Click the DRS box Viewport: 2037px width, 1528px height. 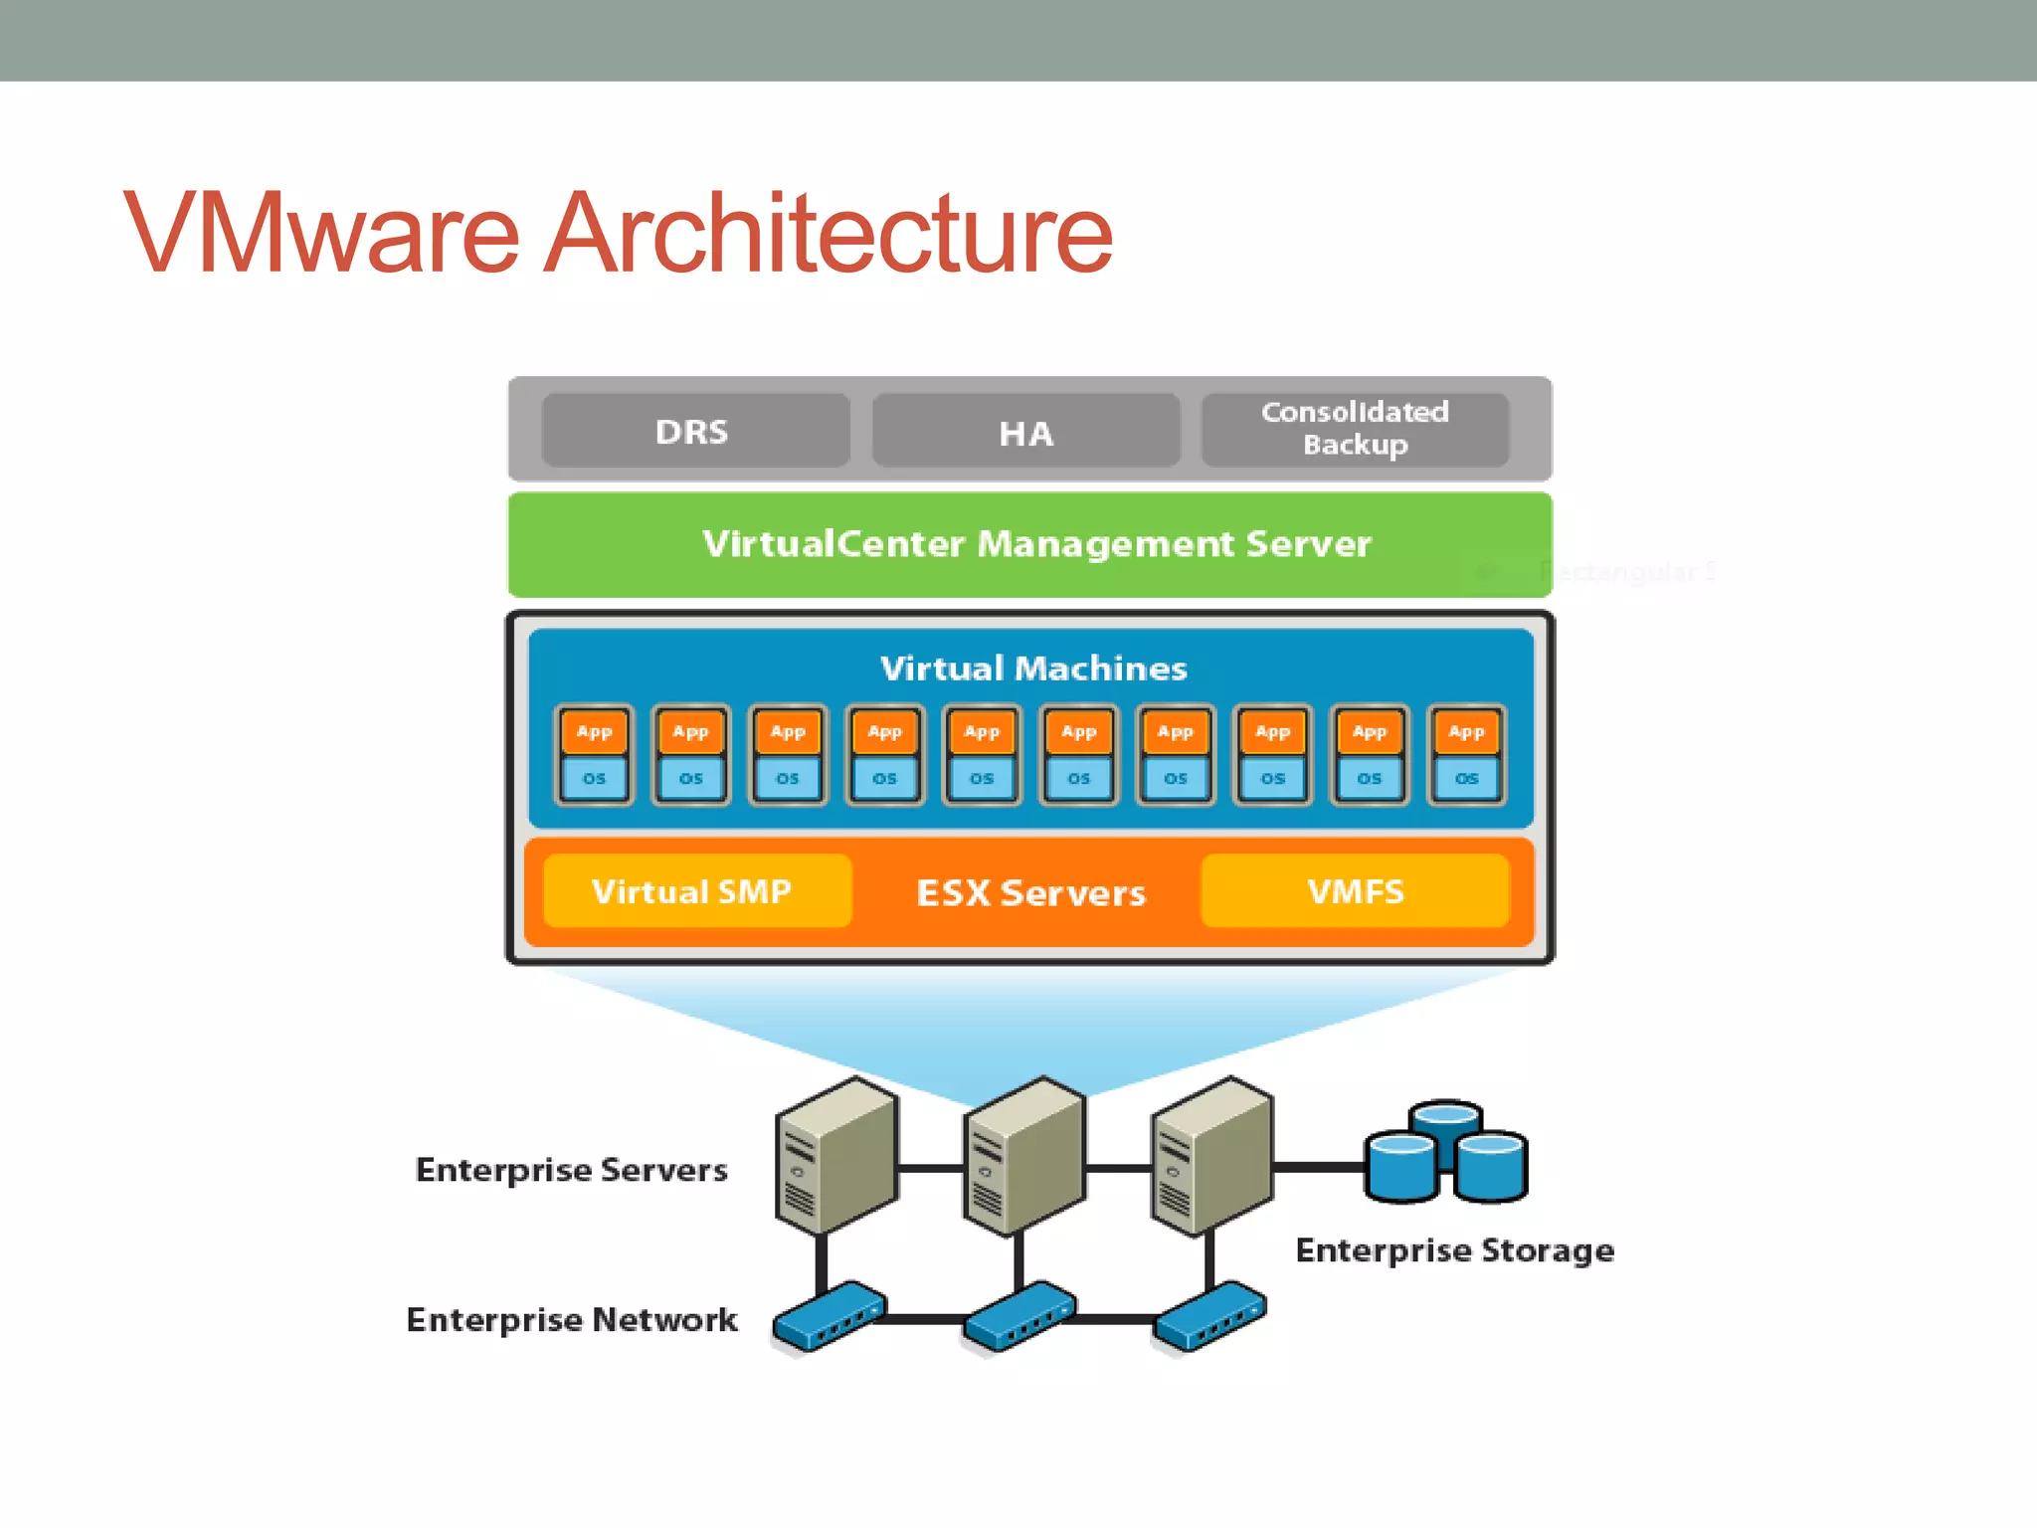point(694,431)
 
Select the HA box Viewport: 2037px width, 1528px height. point(1025,433)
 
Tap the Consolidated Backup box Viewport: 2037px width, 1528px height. point(1355,429)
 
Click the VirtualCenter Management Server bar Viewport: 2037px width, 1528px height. point(1030,544)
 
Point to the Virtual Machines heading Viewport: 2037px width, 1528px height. point(1032,668)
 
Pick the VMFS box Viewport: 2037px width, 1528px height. point(1355,891)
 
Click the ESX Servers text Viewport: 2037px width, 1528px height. point(1030,892)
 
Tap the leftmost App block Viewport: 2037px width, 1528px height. point(594,732)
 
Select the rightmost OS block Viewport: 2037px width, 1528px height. point(1466,779)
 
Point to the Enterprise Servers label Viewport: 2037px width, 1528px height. point(571,1170)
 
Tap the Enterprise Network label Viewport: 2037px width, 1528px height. point(572,1320)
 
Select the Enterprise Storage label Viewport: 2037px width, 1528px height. point(1454,1250)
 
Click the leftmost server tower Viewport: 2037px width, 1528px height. point(835,1156)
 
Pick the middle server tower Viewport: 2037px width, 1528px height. point(1023,1156)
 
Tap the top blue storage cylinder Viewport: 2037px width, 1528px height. point(1446,1119)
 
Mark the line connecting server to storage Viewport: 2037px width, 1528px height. point(1318,1167)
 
